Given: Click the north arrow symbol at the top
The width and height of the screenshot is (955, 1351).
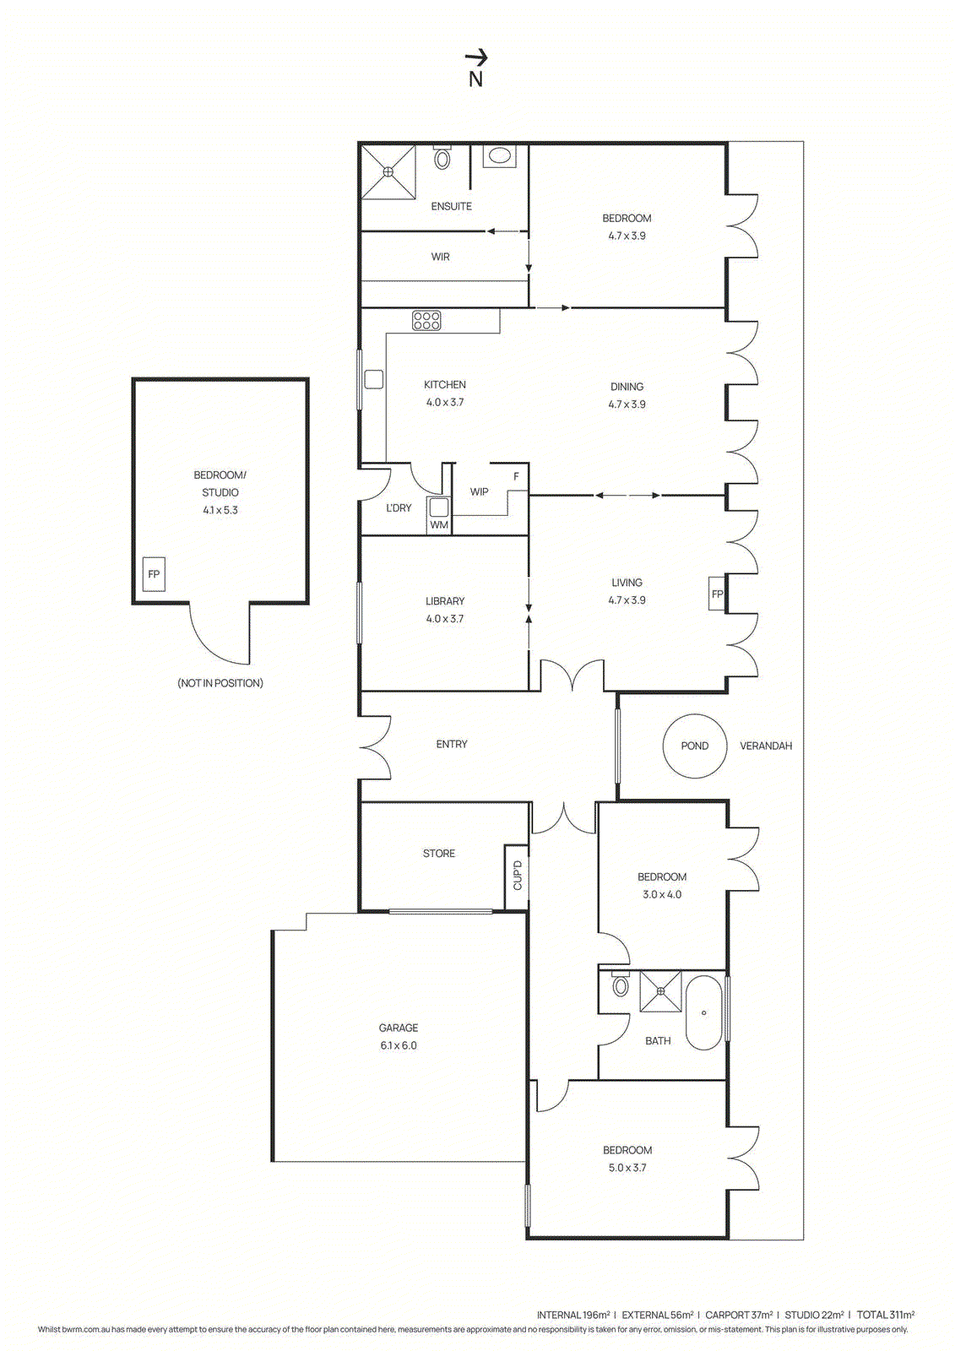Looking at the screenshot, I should (476, 58).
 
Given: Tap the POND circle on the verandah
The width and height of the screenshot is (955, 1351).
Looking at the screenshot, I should (694, 746).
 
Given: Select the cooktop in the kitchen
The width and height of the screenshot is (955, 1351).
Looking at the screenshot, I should (426, 321).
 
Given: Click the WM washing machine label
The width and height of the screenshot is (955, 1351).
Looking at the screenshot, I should (439, 525).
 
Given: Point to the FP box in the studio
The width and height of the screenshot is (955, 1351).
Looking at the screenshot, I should (154, 574).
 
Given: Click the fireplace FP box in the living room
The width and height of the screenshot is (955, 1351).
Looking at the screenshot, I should (717, 594).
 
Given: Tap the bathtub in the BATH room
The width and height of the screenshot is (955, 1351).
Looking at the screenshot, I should (703, 1012).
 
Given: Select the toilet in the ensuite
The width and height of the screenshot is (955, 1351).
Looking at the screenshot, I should (442, 158).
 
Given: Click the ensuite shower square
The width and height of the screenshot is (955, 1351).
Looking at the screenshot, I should (388, 172).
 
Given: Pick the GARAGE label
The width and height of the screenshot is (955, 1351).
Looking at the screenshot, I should (399, 1028).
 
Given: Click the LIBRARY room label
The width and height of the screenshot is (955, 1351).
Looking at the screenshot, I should (445, 601).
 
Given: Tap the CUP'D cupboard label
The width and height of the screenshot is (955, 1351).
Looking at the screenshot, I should (518, 876).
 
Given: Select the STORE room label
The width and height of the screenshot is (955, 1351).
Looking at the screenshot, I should (439, 854).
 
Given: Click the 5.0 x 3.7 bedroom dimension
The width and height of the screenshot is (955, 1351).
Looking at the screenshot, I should (627, 1168).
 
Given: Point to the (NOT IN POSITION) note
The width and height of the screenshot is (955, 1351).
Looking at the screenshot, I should (220, 683).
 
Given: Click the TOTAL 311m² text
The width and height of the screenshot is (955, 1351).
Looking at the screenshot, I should (886, 1315).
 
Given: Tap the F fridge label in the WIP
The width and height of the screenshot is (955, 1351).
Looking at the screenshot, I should (517, 477).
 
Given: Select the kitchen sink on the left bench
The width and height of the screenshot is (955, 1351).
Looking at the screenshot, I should (373, 380).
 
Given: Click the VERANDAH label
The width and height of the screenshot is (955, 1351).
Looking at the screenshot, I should (766, 746).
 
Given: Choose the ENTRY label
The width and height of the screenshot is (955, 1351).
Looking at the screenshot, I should (452, 744).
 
